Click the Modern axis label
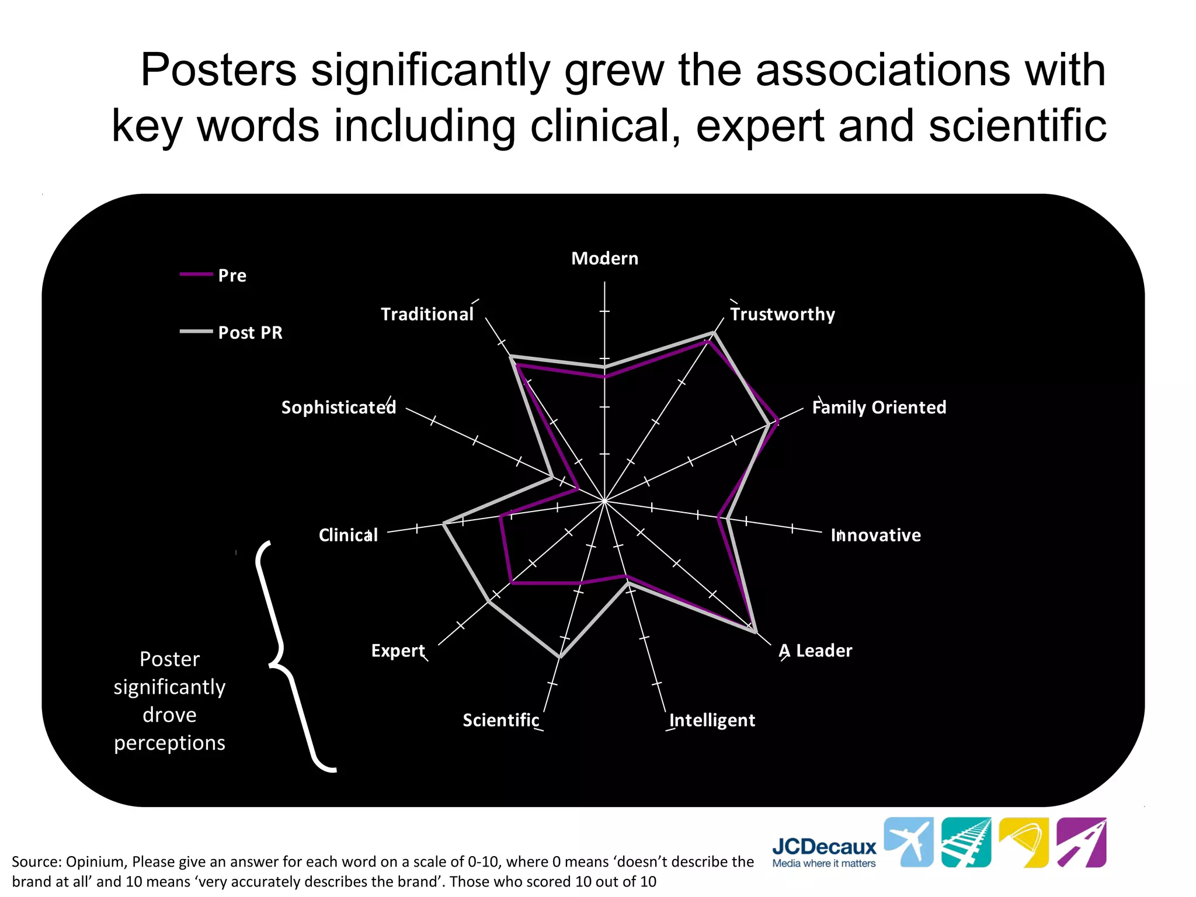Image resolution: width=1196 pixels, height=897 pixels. coord(604,258)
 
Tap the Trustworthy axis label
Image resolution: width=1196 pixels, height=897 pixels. coord(783,314)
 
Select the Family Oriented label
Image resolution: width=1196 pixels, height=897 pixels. coord(879,407)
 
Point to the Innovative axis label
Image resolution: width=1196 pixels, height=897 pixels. coord(875,535)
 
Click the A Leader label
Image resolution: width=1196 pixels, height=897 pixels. coord(815,651)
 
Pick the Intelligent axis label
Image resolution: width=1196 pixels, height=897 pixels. coord(712,720)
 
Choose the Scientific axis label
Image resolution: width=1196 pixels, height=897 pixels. coord(501,720)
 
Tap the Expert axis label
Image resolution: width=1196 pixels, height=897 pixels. coord(398,651)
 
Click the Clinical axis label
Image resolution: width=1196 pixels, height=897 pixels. coord(348,535)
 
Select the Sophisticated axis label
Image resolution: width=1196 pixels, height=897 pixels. coord(339,407)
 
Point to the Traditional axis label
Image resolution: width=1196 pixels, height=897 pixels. coord(427,314)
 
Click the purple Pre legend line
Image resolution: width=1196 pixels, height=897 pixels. coord(196,274)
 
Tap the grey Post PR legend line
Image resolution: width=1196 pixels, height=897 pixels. coord(196,332)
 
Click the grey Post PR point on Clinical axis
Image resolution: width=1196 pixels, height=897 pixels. coord(444,524)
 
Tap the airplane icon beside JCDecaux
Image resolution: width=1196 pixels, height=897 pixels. coord(908,842)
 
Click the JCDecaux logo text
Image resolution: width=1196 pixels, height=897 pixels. coord(824,847)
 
